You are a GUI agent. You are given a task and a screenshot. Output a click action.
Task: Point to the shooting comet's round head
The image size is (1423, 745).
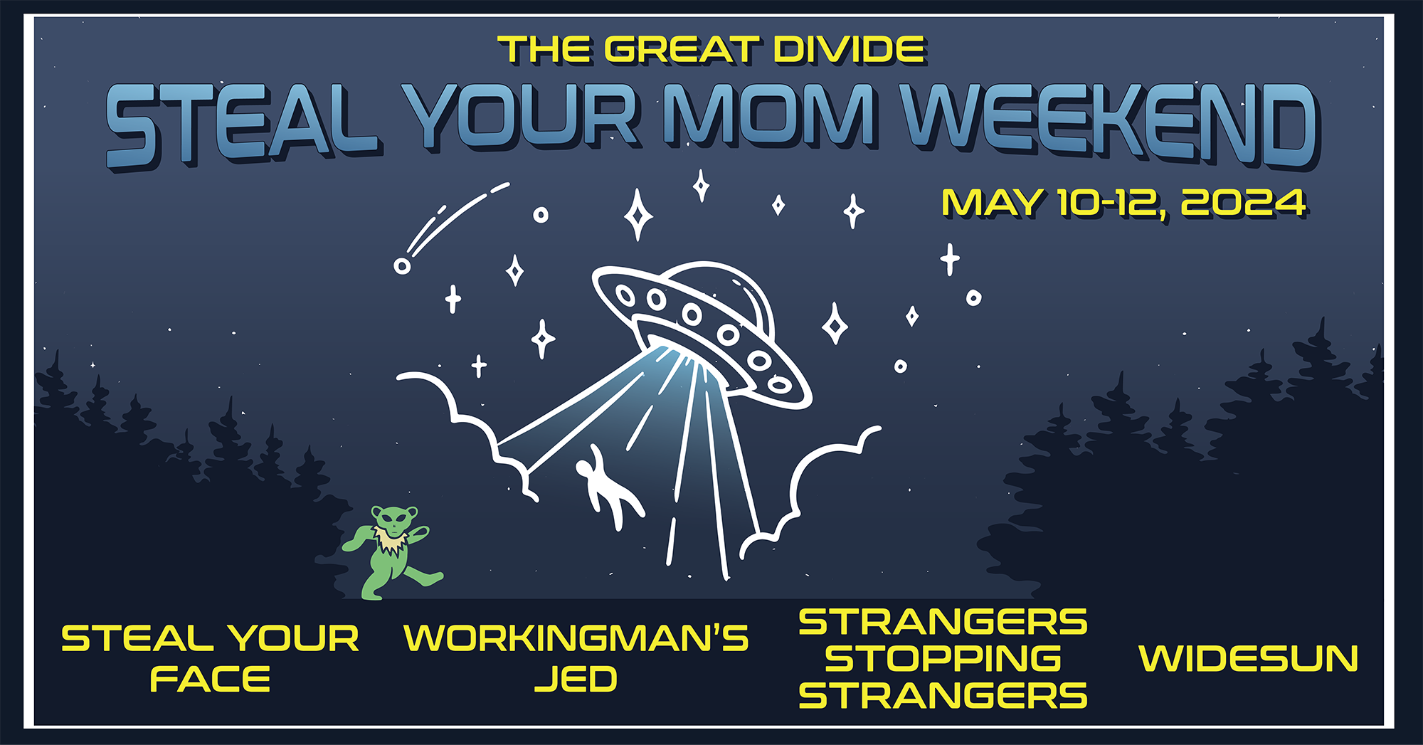click(x=402, y=266)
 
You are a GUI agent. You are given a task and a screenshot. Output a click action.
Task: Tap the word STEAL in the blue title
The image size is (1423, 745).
click(x=242, y=125)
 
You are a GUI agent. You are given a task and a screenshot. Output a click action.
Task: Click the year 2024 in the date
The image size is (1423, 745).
click(x=1243, y=203)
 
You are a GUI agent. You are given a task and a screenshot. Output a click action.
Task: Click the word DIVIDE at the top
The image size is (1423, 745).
click(x=850, y=51)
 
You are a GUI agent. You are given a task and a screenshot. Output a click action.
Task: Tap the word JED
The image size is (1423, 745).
click(x=576, y=679)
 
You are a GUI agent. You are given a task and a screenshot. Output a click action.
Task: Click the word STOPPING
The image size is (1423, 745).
click(x=943, y=658)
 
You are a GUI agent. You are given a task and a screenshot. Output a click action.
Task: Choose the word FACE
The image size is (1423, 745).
click(x=210, y=679)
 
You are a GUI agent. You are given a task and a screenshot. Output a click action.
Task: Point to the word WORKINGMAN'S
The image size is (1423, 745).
click(x=576, y=638)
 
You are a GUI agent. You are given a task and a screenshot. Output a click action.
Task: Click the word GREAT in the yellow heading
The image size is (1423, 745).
click(x=679, y=51)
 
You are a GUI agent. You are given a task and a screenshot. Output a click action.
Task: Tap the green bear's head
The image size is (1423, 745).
click(x=394, y=522)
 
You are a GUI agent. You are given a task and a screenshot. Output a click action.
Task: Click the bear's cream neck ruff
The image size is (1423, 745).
click(x=391, y=541)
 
